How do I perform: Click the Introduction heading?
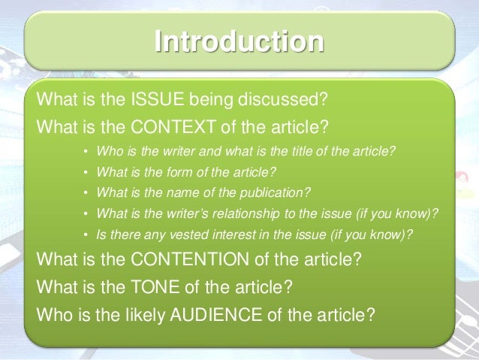[239, 41]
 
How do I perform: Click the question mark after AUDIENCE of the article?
[369, 313]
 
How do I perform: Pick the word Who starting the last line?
[53, 313]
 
